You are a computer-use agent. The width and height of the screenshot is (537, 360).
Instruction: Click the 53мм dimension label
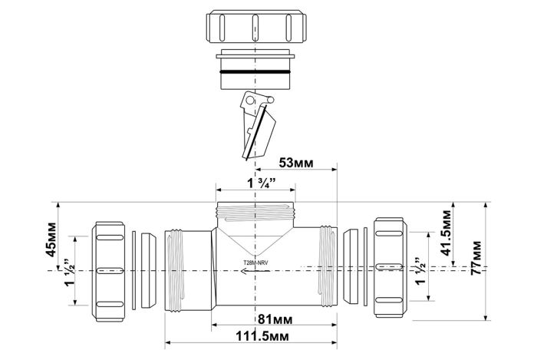(296, 163)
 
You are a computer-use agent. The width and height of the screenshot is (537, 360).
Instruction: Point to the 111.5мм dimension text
(262, 336)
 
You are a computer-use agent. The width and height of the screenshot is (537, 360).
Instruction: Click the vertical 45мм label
(51, 239)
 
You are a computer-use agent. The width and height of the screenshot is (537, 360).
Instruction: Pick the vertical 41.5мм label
(446, 233)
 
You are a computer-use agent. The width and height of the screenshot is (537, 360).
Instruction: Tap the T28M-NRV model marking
(255, 263)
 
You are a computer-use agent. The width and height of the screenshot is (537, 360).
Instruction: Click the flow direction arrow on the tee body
(255, 272)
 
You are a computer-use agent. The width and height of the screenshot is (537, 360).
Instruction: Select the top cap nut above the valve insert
(255, 28)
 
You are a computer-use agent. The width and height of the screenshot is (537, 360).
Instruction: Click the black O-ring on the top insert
(255, 72)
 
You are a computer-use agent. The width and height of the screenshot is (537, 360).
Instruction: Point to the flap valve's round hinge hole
(251, 101)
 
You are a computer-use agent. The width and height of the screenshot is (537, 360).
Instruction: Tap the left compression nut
(108, 272)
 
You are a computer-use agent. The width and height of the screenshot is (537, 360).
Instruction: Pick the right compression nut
(390, 267)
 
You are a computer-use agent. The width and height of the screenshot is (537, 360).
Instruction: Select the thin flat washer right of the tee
(365, 266)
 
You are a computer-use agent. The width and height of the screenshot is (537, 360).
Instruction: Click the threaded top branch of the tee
(255, 214)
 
